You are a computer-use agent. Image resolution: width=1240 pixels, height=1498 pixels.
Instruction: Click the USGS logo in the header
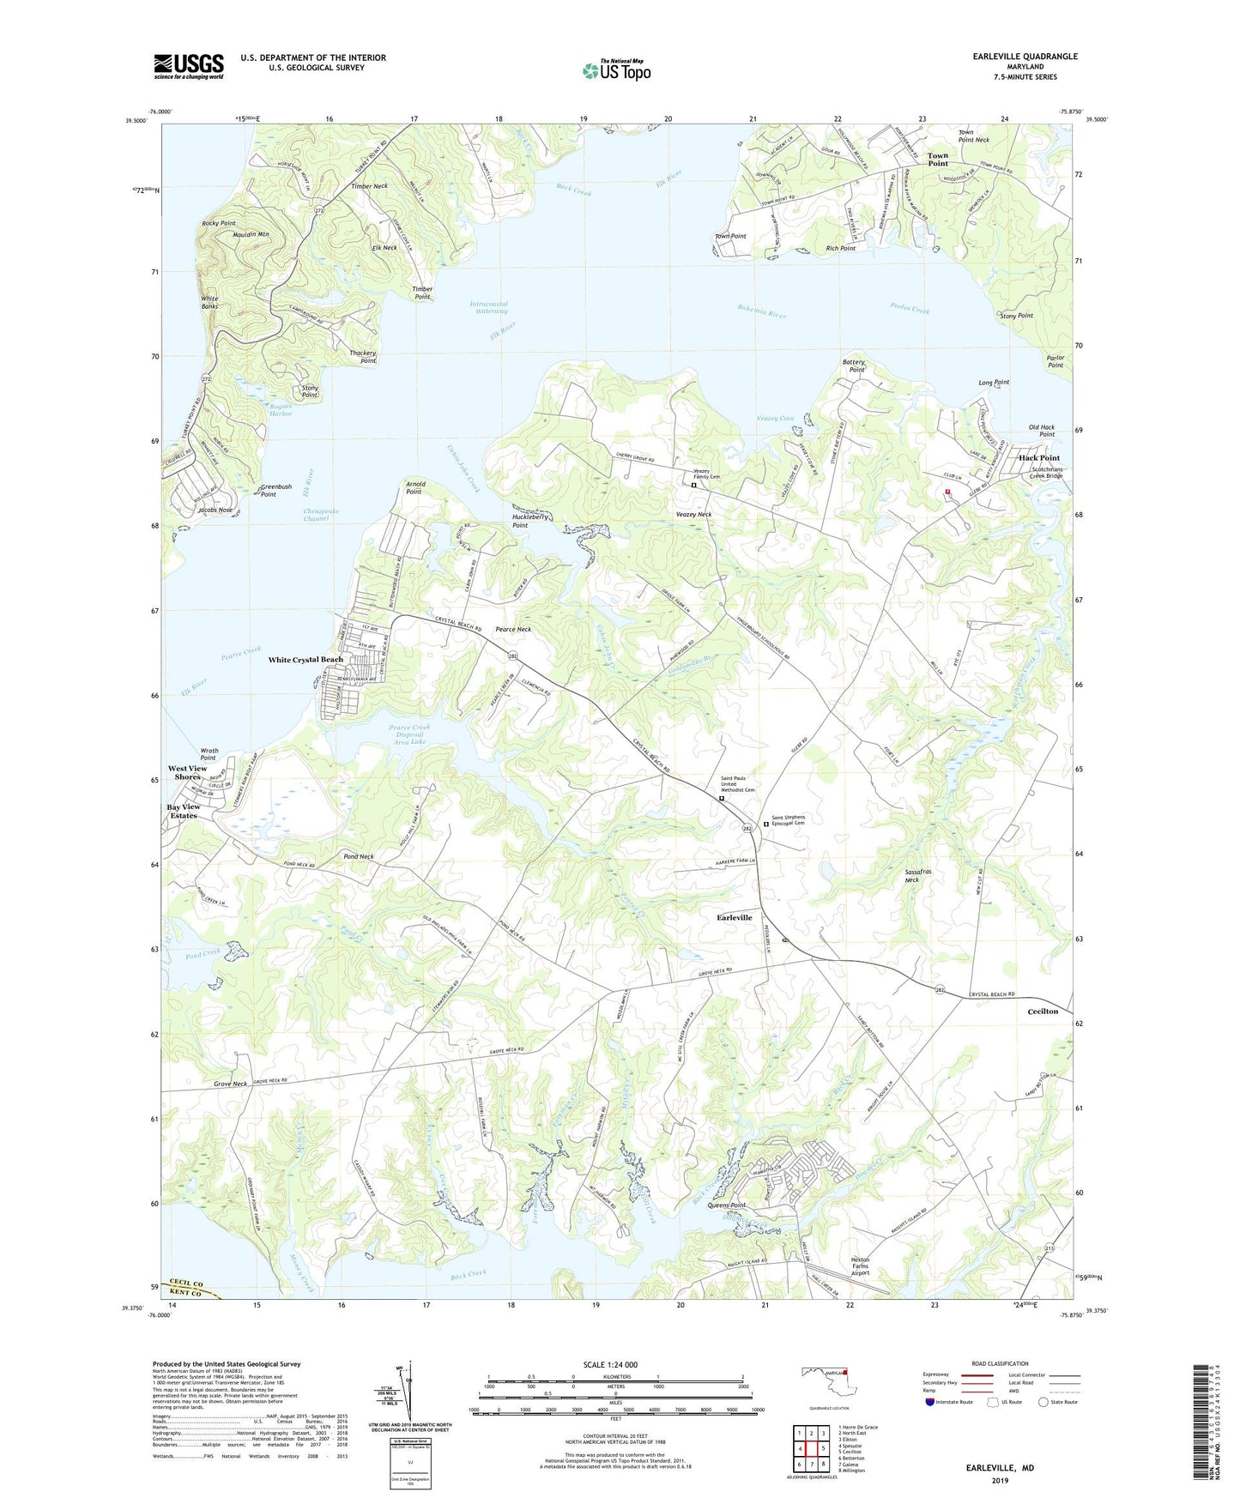pos(189,66)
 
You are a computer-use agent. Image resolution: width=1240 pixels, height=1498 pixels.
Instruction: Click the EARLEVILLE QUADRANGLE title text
pos(1025,57)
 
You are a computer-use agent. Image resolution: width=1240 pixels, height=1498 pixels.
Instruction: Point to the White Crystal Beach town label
pos(305,660)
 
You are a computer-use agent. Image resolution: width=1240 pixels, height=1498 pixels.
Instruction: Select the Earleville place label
pos(734,917)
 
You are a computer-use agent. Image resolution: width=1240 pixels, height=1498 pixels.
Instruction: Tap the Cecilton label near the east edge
pos(1043,1012)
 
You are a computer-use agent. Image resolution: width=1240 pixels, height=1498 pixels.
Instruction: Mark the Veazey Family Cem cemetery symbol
pos(693,486)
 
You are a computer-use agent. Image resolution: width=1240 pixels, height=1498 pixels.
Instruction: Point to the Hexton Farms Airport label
pos(860,1266)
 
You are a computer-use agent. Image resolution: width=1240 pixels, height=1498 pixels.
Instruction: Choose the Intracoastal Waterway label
pos(489,307)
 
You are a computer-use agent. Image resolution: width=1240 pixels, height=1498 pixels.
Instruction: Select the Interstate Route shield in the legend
pos(930,1402)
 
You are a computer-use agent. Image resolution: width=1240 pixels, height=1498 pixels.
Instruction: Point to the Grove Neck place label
pos(230,1084)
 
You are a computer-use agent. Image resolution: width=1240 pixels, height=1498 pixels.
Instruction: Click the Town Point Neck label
pos(973,136)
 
